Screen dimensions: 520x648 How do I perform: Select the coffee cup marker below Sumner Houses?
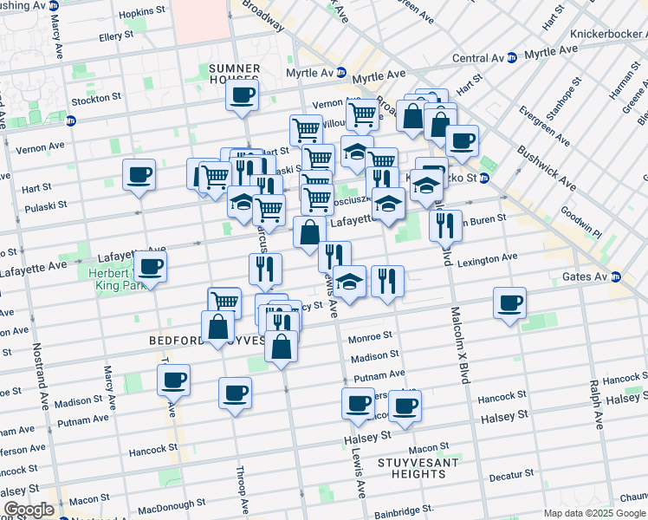tap(243, 96)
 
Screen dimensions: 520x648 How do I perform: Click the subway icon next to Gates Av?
tap(617, 276)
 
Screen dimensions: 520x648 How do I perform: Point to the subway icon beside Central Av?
tap(511, 58)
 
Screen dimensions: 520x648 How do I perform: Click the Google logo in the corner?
tap(29, 510)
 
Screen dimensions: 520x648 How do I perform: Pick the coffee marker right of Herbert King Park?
tap(150, 267)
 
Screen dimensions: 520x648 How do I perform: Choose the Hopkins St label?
tap(143, 13)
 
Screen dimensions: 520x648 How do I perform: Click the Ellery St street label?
tap(116, 36)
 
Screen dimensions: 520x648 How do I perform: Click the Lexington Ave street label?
tap(488, 258)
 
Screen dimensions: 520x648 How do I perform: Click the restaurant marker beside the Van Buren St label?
tap(444, 225)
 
